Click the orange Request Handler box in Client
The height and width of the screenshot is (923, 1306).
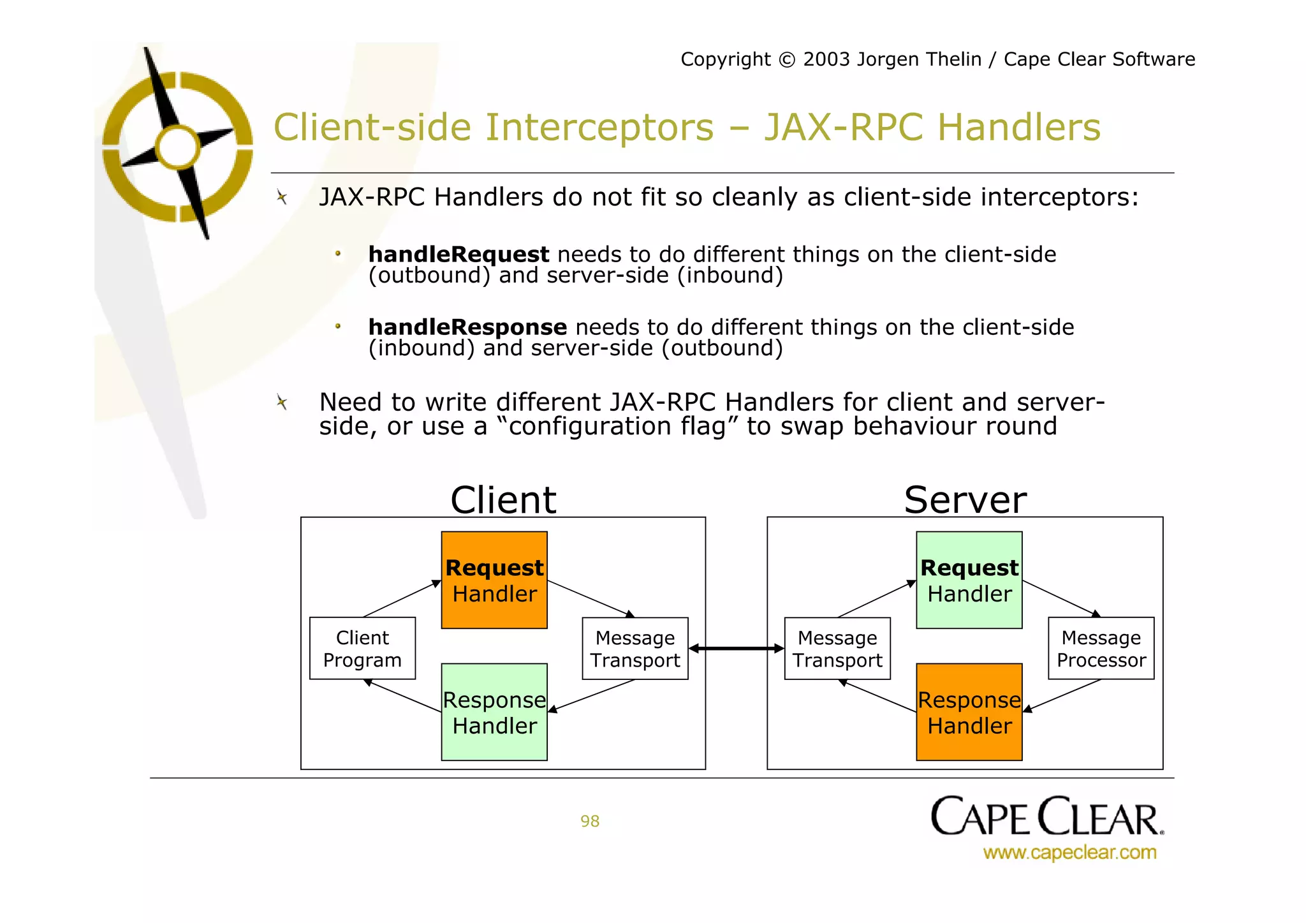click(494, 580)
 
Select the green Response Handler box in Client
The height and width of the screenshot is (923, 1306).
click(494, 712)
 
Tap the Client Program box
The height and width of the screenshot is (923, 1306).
click(362, 648)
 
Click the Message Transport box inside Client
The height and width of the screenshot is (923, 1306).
click(635, 648)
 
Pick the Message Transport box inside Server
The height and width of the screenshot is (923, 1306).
click(837, 648)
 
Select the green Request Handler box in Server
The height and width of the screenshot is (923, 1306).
click(969, 580)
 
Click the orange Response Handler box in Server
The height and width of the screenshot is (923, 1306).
click(969, 712)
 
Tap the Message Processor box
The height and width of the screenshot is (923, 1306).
click(1101, 648)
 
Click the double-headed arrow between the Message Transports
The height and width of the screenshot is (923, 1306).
click(737, 648)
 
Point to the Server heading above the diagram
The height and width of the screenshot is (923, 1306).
click(965, 499)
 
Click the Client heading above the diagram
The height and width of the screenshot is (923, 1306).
click(503, 499)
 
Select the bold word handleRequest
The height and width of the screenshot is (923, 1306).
click(459, 255)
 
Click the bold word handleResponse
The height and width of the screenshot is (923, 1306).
click(467, 327)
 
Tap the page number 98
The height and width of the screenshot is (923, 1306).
click(590, 821)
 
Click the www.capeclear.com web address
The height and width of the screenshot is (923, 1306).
click(1069, 852)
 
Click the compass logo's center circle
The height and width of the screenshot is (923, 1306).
click(178, 147)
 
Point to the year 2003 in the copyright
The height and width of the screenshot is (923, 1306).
click(826, 59)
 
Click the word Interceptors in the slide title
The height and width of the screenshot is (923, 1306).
click(599, 127)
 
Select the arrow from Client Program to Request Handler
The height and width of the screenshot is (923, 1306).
click(402, 598)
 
